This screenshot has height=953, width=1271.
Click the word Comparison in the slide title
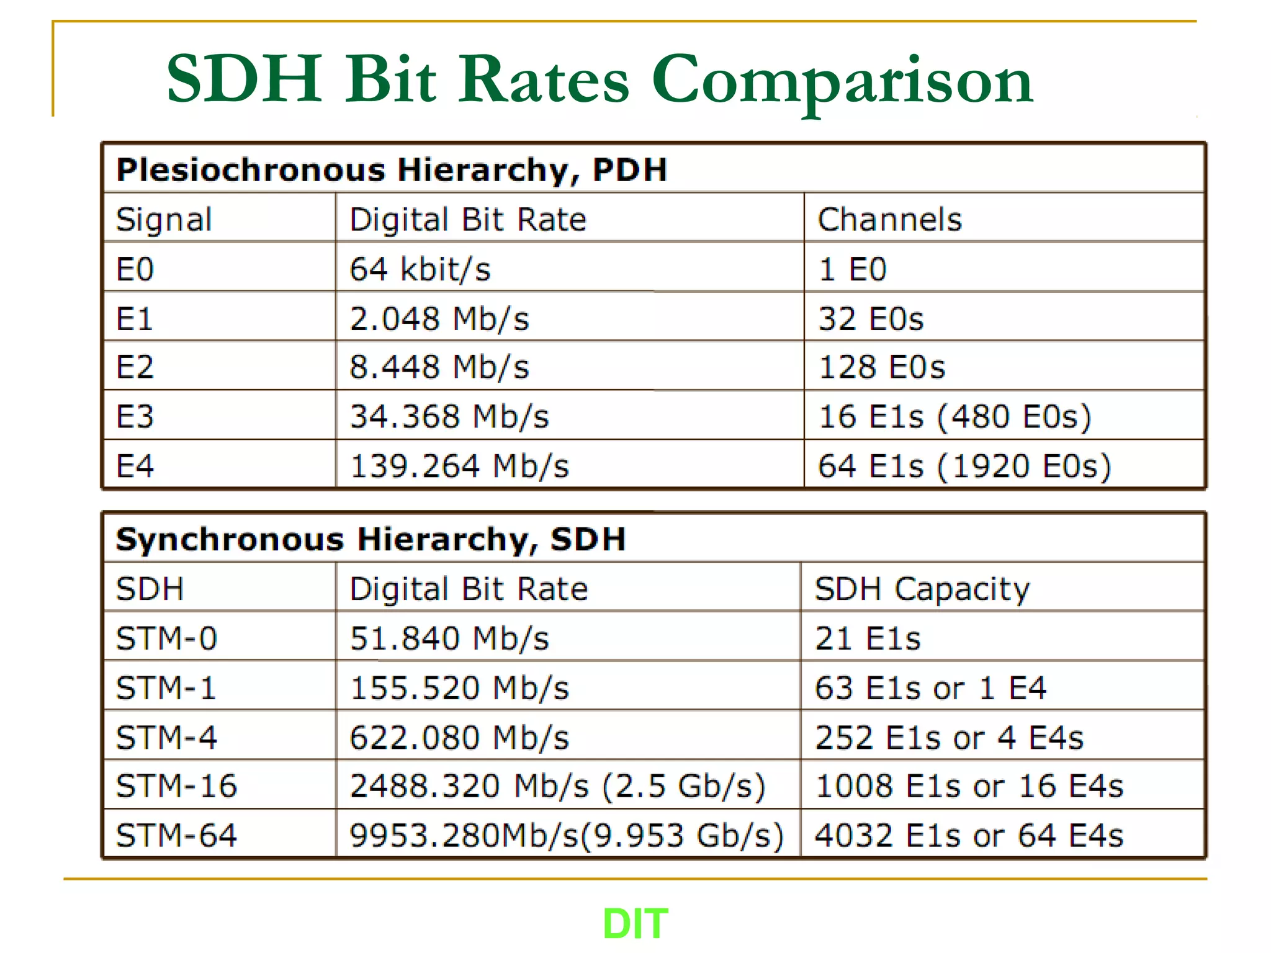pyautogui.click(x=842, y=81)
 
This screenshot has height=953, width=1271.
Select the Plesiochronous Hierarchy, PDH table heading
pyautogui.click(x=392, y=169)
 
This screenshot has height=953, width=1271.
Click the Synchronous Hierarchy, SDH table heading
pyautogui.click(x=371, y=539)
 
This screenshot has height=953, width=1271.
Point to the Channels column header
pyautogui.click(x=889, y=219)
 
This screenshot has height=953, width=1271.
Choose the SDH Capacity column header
pyautogui.click(x=922, y=588)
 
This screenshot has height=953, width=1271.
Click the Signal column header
pyautogui.click(x=164, y=219)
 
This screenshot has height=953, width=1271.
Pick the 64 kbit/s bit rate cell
pyautogui.click(x=420, y=269)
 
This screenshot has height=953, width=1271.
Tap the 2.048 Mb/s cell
pyautogui.click(x=439, y=318)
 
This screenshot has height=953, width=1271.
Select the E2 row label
pyautogui.click(x=135, y=367)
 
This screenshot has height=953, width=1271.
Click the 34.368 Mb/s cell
pyautogui.click(x=449, y=416)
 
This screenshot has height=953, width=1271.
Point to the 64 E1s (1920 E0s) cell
pyautogui.click(x=964, y=465)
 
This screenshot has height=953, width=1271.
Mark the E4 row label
pyautogui.click(x=135, y=465)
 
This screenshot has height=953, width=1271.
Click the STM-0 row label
pyautogui.click(x=166, y=638)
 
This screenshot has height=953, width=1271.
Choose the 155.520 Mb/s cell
pyautogui.click(x=459, y=687)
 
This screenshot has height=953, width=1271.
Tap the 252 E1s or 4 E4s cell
pyautogui.click(x=949, y=737)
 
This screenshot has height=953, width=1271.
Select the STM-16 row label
pyautogui.click(x=176, y=785)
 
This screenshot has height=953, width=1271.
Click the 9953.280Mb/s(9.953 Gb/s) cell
pyautogui.click(x=566, y=835)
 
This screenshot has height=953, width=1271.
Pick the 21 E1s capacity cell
pyautogui.click(x=868, y=638)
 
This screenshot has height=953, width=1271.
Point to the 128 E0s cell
pyautogui.click(x=882, y=367)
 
